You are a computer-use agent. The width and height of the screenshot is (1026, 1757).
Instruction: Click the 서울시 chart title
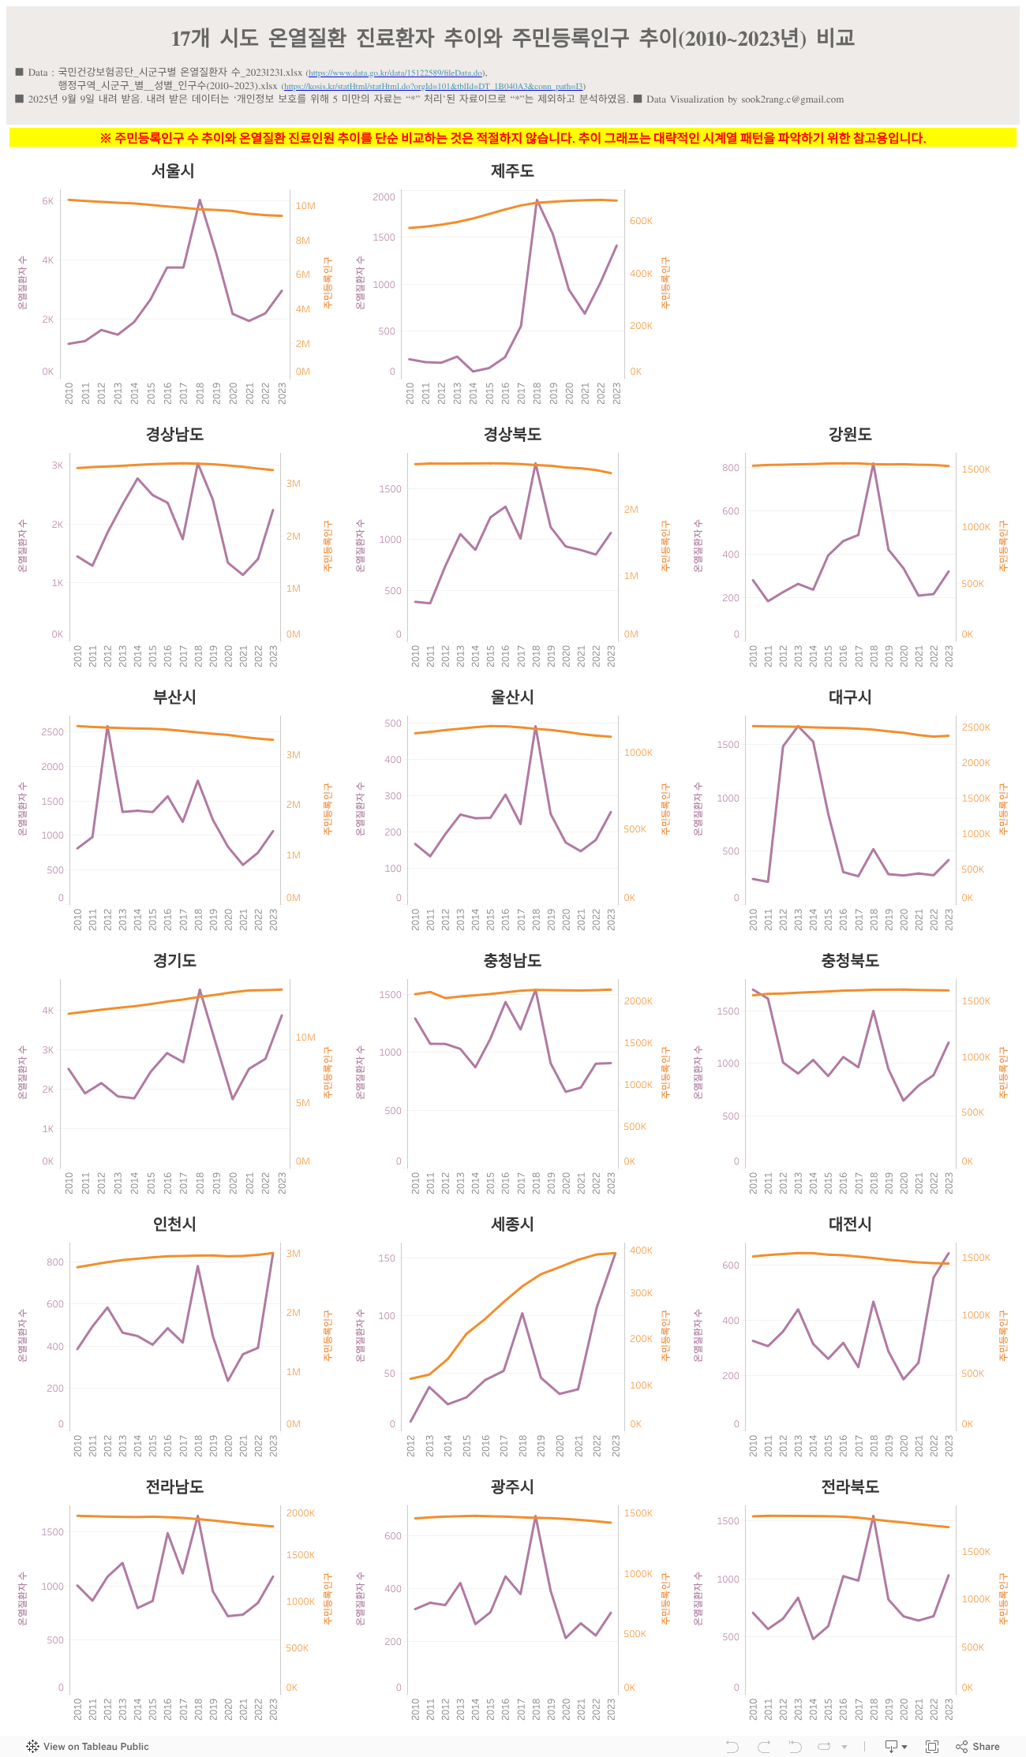click(173, 170)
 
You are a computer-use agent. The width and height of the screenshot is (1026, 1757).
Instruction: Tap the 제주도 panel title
click(512, 170)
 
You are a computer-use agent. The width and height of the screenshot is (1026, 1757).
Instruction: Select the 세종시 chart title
click(512, 1224)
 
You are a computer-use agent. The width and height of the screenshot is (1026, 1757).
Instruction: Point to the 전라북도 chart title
click(850, 1486)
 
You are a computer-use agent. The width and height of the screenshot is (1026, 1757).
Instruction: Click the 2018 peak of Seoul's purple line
click(200, 200)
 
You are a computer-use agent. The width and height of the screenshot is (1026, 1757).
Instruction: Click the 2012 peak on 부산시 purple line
click(107, 727)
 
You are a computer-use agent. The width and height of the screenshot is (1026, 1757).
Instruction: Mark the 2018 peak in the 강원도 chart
click(874, 464)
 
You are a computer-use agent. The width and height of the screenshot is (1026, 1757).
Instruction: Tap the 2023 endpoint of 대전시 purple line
click(949, 1253)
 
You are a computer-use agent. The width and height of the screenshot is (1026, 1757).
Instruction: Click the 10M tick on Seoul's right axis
click(305, 206)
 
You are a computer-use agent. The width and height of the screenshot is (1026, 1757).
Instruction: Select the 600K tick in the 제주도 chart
click(641, 221)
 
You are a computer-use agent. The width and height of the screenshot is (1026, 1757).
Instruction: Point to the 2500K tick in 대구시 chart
click(975, 727)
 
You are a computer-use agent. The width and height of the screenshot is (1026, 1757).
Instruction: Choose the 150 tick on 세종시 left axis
click(387, 1258)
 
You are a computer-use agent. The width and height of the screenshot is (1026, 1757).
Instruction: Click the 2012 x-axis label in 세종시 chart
click(411, 1445)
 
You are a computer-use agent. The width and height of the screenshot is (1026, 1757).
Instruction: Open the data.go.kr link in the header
click(395, 73)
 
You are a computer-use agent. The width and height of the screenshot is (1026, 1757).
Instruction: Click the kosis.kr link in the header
click(433, 87)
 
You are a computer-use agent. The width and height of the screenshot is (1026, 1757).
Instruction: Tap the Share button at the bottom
click(978, 1747)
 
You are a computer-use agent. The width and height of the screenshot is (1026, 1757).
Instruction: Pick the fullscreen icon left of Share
click(932, 1747)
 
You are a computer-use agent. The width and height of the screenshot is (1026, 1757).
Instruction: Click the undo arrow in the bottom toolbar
click(732, 1747)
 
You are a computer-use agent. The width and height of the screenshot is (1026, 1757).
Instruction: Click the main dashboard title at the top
click(513, 38)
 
